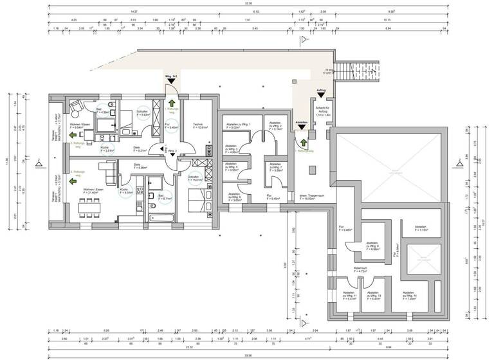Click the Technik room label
click(198, 125)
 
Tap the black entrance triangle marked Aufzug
click(321, 96)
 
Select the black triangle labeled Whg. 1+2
click(171, 82)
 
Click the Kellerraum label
click(360, 271)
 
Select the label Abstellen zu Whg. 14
click(411, 297)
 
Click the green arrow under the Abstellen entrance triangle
click(301, 143)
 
